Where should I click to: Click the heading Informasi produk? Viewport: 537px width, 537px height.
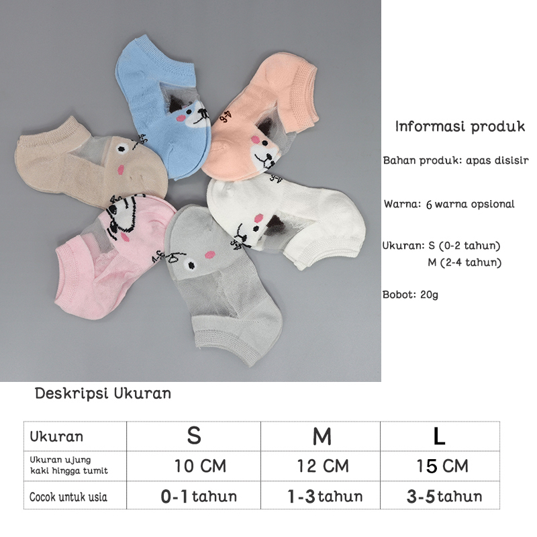[460, 126]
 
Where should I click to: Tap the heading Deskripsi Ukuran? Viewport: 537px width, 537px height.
[103, 393]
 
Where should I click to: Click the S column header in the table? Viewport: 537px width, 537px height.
[193, 436]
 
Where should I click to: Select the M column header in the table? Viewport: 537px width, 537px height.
[322, 436]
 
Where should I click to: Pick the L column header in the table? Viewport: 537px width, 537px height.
[439, 436]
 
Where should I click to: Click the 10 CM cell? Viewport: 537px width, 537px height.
[200, 466]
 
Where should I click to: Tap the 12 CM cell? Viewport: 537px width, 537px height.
[323, 466]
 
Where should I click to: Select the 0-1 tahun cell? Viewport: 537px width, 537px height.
[199, 497]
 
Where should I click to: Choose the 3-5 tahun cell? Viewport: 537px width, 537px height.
[444, 497]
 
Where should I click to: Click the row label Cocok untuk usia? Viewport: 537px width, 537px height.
[68, 497]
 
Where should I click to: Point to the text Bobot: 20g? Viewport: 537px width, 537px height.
[410, 294]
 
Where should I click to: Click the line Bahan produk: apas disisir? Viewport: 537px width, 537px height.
[456, 161]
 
